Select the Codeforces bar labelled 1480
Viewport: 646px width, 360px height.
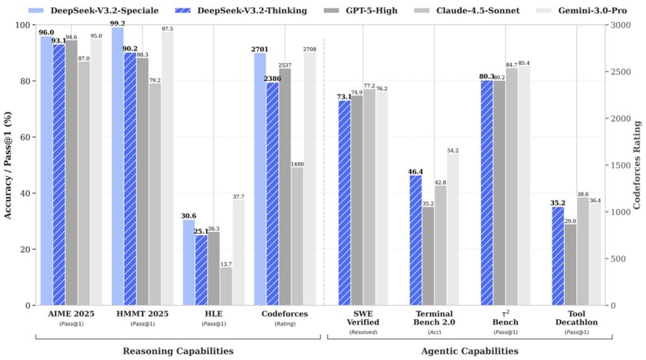coord(297,236)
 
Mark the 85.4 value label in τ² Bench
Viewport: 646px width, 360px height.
coord(524,63)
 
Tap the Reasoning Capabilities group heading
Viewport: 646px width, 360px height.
coord(177,351)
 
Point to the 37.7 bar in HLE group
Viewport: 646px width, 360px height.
coord(238,252)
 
